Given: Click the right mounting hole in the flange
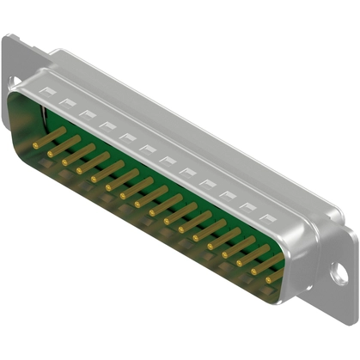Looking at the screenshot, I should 340,276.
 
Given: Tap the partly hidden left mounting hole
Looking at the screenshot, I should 14,82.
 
